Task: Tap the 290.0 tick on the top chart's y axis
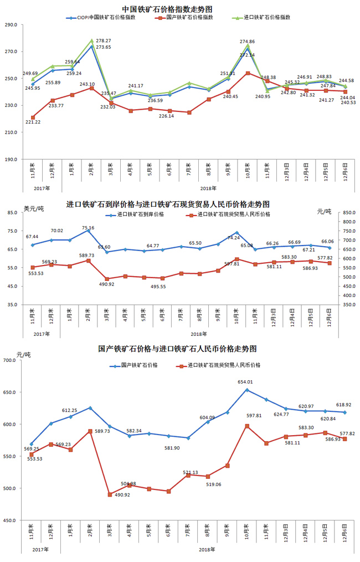[x=11, y=25]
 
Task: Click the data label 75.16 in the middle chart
[x=88, y=228]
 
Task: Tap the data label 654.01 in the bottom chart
[x=246, y=382]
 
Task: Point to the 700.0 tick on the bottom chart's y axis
[x=11, y=360]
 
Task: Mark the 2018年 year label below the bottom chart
[x=207, y=549]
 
